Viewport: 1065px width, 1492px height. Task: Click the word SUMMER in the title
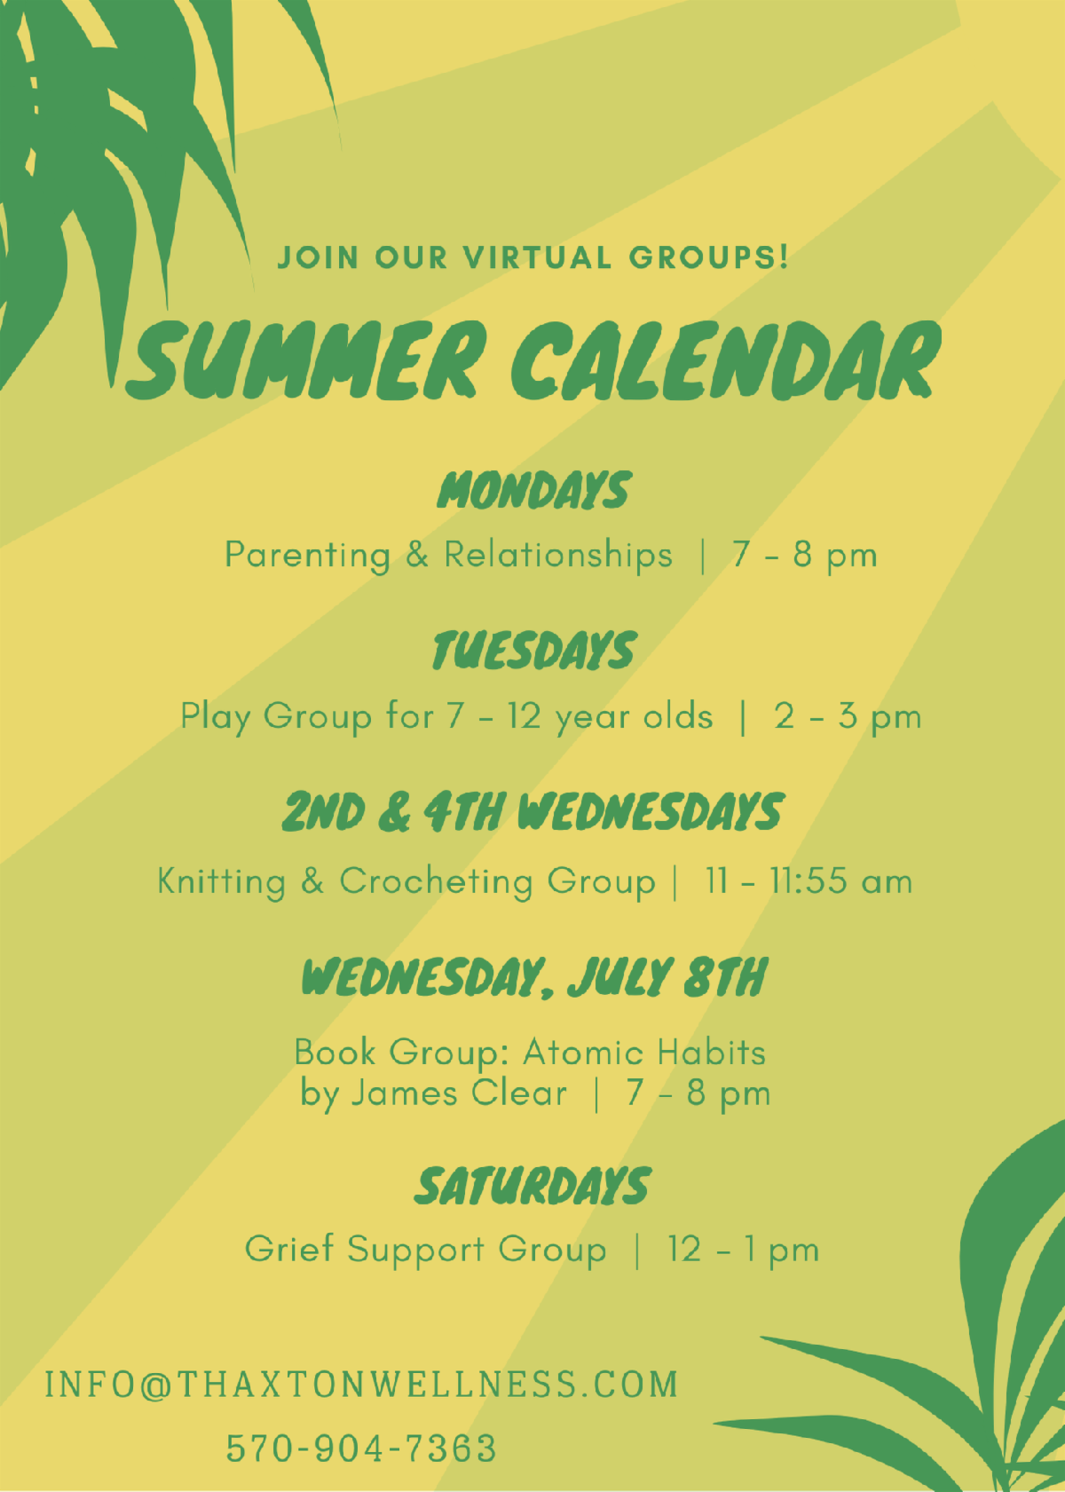pos(303,360)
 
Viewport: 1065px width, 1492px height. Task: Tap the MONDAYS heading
pos(532,490)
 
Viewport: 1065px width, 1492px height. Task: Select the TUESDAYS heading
pos(532,650)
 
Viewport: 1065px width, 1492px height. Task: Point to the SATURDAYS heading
pos(532,1187)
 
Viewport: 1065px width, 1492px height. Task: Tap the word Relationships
pos(558,554)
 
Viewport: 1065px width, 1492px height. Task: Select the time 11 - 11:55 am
pos(809,881)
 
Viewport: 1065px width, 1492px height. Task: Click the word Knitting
pos(222,882)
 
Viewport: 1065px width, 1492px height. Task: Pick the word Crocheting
pos(437,882)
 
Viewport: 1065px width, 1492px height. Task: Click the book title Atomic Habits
pos(644,1053)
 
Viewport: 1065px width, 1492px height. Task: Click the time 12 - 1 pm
pos(743,1250)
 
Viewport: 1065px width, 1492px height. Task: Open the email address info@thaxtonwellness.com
pos(362,1384)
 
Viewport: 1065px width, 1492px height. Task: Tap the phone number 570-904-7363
pos(362,1448)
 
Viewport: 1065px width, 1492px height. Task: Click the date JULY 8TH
pos(667,978)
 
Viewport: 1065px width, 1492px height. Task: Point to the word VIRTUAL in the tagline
pos(538,257)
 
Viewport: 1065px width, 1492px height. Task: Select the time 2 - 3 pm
pos(848,717)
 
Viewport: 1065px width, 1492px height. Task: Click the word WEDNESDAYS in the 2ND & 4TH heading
pos(651,812)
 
